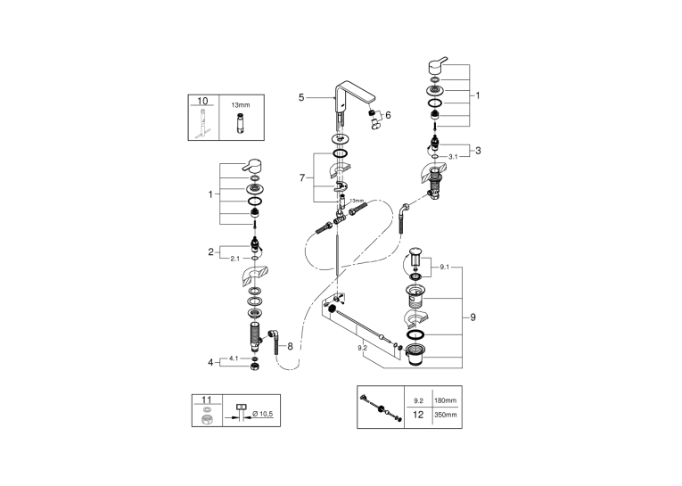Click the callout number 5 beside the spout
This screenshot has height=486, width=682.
[301, 97]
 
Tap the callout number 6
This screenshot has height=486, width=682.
[388, 115]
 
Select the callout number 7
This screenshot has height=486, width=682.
[302, 177]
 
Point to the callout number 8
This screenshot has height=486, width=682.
[290, 346]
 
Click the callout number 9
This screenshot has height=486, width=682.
[472, 317]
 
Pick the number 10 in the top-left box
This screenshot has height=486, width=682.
[202, 101]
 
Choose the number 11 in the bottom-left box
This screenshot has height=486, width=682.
[207, 400]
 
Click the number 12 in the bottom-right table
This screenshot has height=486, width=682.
[418, 415]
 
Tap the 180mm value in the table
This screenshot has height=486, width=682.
[446, 400]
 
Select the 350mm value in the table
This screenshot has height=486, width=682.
[446, 415]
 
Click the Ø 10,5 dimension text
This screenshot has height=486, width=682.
[263, 414]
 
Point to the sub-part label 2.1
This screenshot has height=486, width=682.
[234, 259]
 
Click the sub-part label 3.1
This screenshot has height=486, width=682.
[453, 157]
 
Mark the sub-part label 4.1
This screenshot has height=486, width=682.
[234, 358]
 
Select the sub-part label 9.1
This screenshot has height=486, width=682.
[444, 268]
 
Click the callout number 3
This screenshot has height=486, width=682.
[478, 151]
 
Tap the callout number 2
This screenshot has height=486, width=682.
[210, 252]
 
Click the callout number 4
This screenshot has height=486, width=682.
[210, 362]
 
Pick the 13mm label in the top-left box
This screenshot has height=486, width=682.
[241, 105]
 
